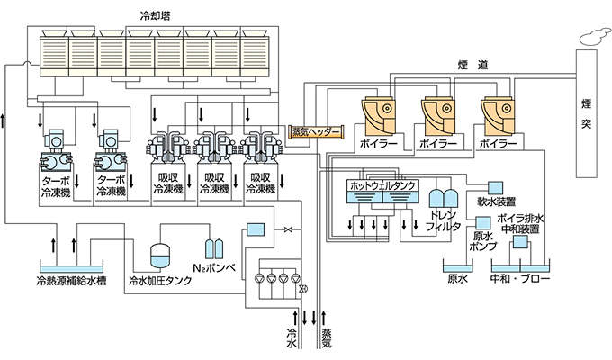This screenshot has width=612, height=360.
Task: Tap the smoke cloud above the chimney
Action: click(x=591, y=36)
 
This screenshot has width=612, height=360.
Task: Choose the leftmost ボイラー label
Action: click(x=377, y=143)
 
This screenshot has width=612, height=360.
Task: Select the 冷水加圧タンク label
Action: click(x=163, y=280)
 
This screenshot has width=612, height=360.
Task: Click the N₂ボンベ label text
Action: click(x=214, y=267)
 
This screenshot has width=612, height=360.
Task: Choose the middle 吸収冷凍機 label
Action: click(x=214, y=184)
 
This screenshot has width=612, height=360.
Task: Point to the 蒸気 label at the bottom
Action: click(x=327, y=337)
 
